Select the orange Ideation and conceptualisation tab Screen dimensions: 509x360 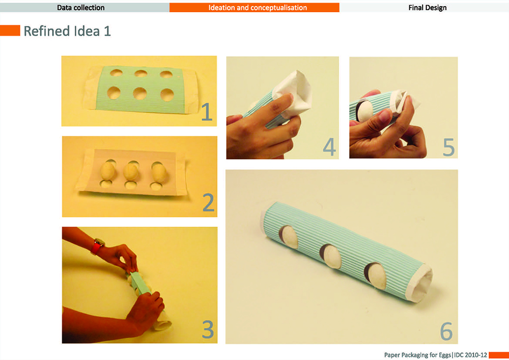click(x=254, y=8)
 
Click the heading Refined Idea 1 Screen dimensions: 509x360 click(x=67, y=31)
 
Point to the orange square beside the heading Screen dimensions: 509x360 click(x=10, y=31)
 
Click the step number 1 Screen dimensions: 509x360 click(x=207, y=112)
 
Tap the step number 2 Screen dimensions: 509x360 click(x=208, y=202)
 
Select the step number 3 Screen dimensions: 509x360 click(x=208, y=329)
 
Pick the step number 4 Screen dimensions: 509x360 click(x=329, y=147)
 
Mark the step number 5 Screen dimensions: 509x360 click(x=448, y=147)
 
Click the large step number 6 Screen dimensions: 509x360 click(x=446, y=331)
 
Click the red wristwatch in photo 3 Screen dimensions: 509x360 click(x=98, y=246)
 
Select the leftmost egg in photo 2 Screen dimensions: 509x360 click(x=108, y=171)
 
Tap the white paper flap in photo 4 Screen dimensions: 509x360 click(x=292, y=93)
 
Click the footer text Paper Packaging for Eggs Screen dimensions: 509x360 click(x=417, y=355)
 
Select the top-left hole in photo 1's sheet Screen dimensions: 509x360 click(x=116, y=72)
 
